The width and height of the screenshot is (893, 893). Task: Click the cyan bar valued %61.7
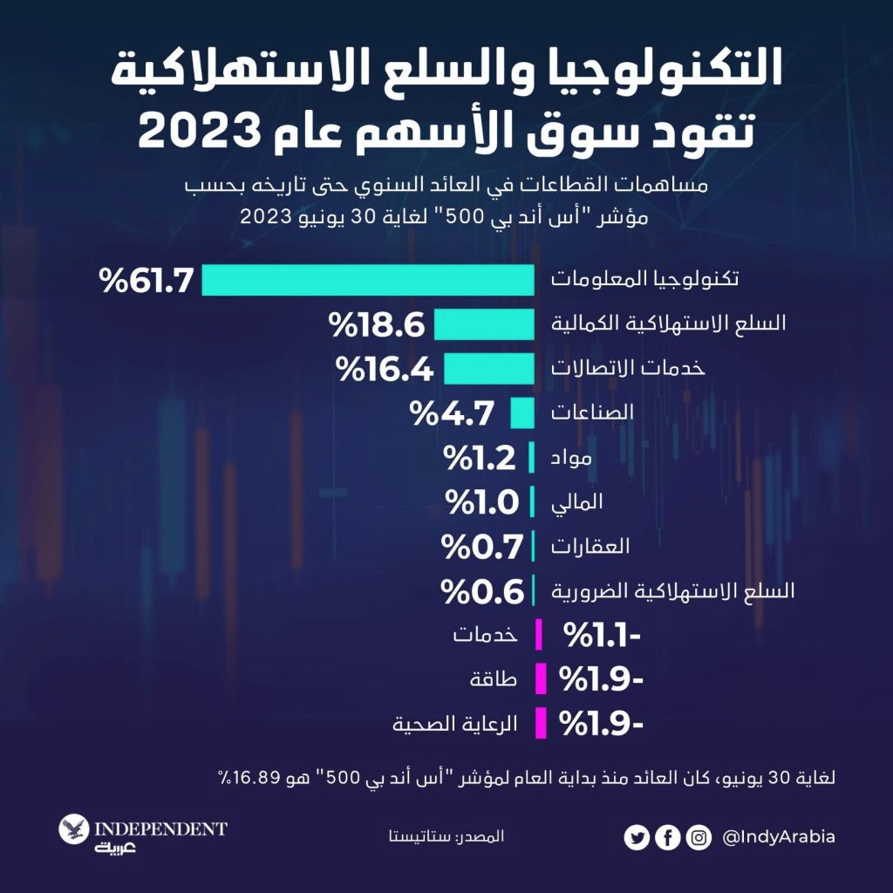(368, 281)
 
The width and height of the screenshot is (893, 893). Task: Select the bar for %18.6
(484, 324)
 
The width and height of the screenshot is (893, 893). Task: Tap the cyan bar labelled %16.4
(489, 369)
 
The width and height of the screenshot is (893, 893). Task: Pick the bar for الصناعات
(521, 412)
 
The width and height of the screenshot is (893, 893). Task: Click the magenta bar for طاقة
(541, 678)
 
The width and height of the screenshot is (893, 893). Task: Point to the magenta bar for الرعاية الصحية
(541, 722)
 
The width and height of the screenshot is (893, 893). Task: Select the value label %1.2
(481, 457)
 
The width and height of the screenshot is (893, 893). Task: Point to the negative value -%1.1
(603, 634)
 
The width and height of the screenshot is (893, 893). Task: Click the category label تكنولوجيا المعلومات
(644, 280)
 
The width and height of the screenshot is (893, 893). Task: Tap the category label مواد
(569, 458)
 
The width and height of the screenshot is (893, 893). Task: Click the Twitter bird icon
(637, 838)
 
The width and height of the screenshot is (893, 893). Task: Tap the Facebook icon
(667, 838)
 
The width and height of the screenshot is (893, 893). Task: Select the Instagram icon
(698, 838)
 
